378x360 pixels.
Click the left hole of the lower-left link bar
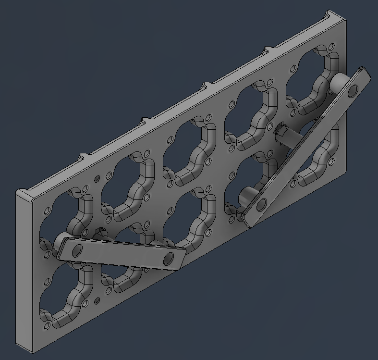point(77,250)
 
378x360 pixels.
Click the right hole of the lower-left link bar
point(168,259)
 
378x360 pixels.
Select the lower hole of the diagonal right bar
point(261,206)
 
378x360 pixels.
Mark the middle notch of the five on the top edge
point(206,86)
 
